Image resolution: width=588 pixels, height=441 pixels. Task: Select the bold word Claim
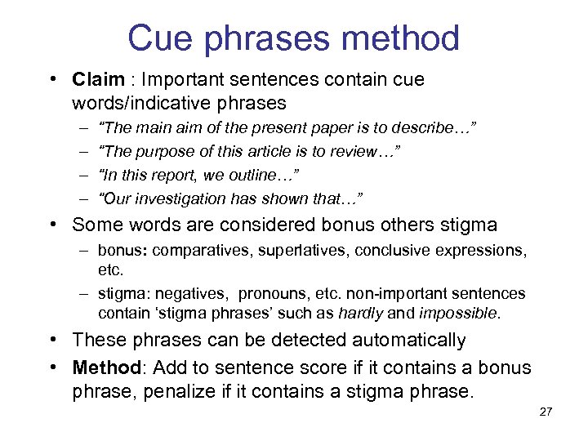click(97, 80)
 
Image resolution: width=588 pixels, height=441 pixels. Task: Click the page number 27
click(546, 412)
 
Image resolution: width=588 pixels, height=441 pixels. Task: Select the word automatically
click(399, 340)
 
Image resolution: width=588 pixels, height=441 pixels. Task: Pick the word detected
click(274, 340)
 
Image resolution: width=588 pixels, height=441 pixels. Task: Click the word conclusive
click(393, 250)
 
